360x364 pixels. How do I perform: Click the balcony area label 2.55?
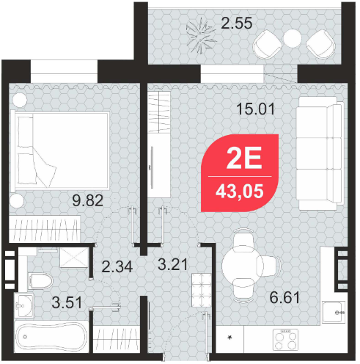(236, 23)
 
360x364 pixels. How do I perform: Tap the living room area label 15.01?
(256, 109)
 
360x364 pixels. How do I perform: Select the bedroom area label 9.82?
(87, 200)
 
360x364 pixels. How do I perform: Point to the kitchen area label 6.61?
(284, 297)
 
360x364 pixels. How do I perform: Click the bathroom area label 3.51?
(67, 302)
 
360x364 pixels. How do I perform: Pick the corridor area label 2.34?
(117, 266)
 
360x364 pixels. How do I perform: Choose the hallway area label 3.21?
(173, 264)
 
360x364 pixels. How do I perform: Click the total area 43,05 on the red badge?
(240, 192)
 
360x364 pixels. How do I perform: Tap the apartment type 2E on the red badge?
(244, 158)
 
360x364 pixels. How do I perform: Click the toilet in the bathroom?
(40, 281)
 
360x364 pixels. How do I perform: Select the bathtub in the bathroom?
(51, 337)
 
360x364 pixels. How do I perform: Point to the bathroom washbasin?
(23, 305)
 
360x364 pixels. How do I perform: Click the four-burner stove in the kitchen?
(285, 339)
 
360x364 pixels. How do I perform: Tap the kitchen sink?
(334, 312)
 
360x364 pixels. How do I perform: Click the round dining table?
(243, 266)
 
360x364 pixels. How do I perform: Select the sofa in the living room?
(320, 153)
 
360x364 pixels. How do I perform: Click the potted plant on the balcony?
(201, 34)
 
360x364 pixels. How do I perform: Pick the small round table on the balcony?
(293, 38)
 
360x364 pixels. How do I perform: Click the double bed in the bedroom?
(60, 150)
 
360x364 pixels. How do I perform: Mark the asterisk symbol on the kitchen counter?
(229, 338)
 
